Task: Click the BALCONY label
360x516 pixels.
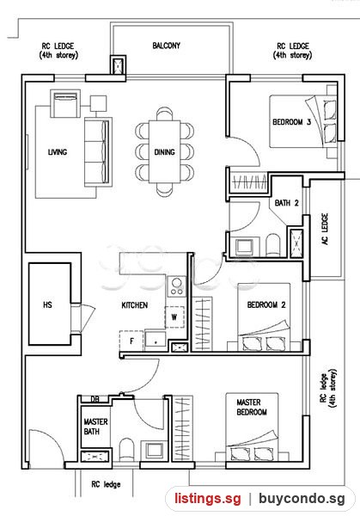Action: pyautogui.click(x=167, y=46)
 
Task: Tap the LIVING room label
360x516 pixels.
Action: pyautogui.click(x=58, y=152)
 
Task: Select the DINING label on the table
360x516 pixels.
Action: pyautogui.click(x=164, y=152)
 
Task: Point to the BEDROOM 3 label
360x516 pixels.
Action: pyautogui.click(x=291, y=122)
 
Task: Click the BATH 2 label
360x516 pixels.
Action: pyautogui.click(x=287, y=203)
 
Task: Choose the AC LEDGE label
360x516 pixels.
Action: pyautogui.click(x=325, y=229)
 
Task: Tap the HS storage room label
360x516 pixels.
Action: pyautogui.click(x=47, y=304)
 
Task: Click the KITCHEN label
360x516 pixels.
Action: pyautogui.click(x=135, y=305)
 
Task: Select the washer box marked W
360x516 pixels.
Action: pyautogui.click(x=174, y=316)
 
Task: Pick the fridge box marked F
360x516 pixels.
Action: pyautogui.click(x=131, y=341)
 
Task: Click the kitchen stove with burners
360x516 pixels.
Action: pyautogui.click(x=176, y=286)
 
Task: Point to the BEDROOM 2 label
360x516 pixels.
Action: pyautogui.click(x=266, y=305)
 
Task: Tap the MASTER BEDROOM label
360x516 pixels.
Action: pyautogui.click(x=252, y=407)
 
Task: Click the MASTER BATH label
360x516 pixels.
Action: pyautogui.click(x=95, y=427)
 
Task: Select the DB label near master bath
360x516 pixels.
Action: pyautogui.click(x=95, y=400)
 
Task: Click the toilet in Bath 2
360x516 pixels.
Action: pyautogui.click(x=273, y=244)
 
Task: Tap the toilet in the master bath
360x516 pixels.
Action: pyautogui.click(x=126, y=449)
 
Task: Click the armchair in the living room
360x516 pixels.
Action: pyautogui.click(x=65, y=103)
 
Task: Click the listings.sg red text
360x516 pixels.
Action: pyautogui.click(x=208, y=498)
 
